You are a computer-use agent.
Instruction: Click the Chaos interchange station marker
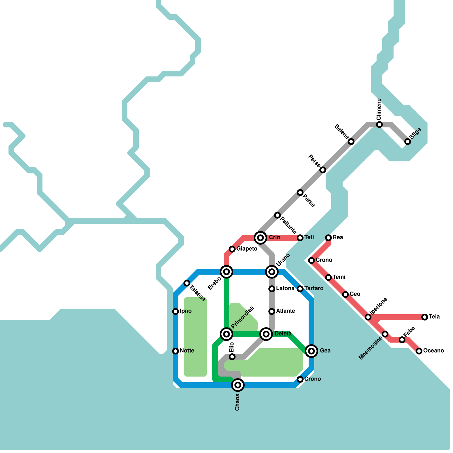pos(238,385)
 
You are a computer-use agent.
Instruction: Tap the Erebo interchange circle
pos(226,272)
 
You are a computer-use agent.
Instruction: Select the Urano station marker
pos(272,272)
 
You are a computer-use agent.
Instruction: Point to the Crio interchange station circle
pos(260,238)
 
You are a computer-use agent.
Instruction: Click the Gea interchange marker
pos(311,351)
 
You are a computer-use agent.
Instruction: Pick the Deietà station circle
pos(266,334)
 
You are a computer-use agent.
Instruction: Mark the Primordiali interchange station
pos(226,334)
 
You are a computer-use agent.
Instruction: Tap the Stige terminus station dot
pos(408,142)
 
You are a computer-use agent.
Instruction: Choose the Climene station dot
pos(379,125)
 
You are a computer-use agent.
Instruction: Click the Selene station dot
pos(351,142)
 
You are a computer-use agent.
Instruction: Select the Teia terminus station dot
pos(425,317)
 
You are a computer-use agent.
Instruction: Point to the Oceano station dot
pos(419,351)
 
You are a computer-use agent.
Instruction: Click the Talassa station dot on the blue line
pos(187,283)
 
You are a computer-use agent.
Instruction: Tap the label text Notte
pos(187,351)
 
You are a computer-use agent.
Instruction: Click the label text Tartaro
pos(314,289)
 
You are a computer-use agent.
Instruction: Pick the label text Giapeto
pos(247,249)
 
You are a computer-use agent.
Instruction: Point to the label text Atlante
pos(285,311)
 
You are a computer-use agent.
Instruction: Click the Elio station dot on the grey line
pos(232,357)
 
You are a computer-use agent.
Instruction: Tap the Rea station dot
pos(328,238)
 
